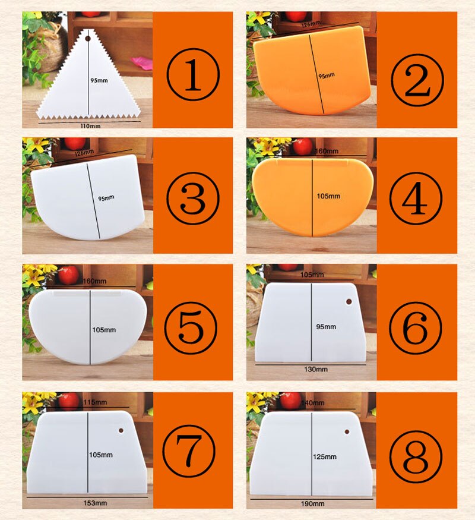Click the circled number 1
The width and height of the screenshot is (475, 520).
[193, 74]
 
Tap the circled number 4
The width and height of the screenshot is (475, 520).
[416, 198]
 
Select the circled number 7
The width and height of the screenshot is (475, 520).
[189, 451]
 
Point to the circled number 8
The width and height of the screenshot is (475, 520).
[416, 456]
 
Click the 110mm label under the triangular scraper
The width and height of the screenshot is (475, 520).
[90, 126]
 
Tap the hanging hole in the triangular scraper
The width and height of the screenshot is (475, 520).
[88, 39]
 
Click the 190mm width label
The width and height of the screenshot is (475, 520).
[313, 504]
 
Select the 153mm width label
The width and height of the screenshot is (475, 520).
[95, 503]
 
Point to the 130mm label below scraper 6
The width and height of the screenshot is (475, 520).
[316, 369]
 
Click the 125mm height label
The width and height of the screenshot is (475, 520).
[325, 456]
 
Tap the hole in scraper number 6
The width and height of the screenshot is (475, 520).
[349, 301]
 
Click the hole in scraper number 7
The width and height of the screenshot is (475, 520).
[121, 430]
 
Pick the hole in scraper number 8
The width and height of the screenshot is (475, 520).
[347, 432]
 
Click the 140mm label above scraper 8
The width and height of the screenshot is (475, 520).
[313, 403]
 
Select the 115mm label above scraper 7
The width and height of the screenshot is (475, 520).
[95, 402]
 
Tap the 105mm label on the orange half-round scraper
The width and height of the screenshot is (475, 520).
[328, 196]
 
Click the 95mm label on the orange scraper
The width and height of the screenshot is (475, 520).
[327, 76]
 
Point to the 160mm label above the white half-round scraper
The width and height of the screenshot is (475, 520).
[94, 281]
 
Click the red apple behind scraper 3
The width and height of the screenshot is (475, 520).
[75, 143]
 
